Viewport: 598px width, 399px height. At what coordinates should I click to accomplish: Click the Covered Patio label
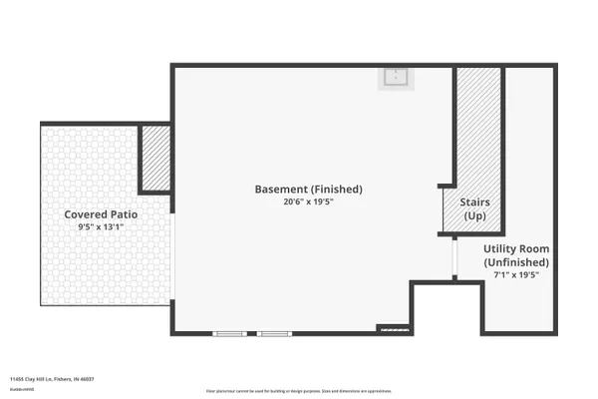[101, 214]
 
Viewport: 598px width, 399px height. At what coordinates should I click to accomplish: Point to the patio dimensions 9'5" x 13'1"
[101, 227]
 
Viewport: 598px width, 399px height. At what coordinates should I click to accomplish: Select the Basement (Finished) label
[308, 189]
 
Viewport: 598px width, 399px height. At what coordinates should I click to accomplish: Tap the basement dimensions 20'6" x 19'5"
[308, 200]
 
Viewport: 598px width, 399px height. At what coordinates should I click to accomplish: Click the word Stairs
[474, 201]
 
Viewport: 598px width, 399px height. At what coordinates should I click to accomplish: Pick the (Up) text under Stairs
[474, 215]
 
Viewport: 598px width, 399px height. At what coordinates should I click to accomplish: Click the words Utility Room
[515, 248]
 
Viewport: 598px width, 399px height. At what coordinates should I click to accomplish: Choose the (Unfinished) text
[515, 262]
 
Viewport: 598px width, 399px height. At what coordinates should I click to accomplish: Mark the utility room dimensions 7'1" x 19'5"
[515, 275]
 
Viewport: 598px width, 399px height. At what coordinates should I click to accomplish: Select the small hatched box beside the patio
[155, 158]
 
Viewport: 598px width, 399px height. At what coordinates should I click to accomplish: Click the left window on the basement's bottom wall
[231, 333]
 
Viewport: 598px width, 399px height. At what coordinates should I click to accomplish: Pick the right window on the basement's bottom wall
[274, 333]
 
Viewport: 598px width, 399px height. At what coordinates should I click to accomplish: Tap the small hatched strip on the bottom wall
[393, 328]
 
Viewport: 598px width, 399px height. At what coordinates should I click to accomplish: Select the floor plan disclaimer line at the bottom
[299, 391]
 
